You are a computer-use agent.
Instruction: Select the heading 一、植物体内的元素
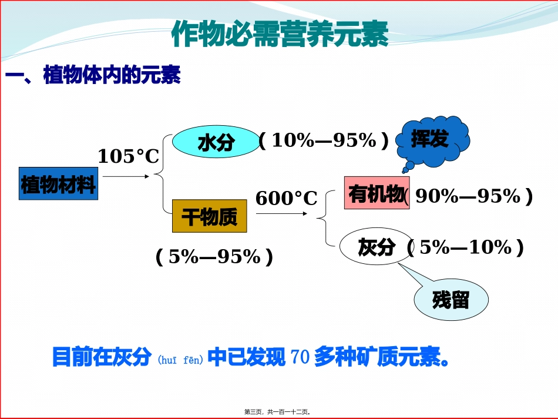point(93,76)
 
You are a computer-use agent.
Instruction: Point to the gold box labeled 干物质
point(209,216)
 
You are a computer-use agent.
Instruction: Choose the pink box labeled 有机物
point(376,193)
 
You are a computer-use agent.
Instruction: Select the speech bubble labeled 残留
point(451,300)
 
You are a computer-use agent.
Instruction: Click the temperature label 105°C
point(128,156)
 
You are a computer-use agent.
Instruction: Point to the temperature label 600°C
point(286,199)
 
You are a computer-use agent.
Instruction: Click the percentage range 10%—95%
point(324,140)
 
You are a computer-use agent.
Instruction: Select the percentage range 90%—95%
point(468,196)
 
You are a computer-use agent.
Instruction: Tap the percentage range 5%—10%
point(465,247)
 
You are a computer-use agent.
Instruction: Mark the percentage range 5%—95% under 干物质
point(214,256)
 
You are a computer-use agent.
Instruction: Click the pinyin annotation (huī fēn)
point(180,359)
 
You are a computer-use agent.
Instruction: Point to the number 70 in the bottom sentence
point(300,358)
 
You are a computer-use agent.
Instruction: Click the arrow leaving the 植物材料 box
point(126,175)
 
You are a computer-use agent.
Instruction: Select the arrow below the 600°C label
point(282,214)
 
